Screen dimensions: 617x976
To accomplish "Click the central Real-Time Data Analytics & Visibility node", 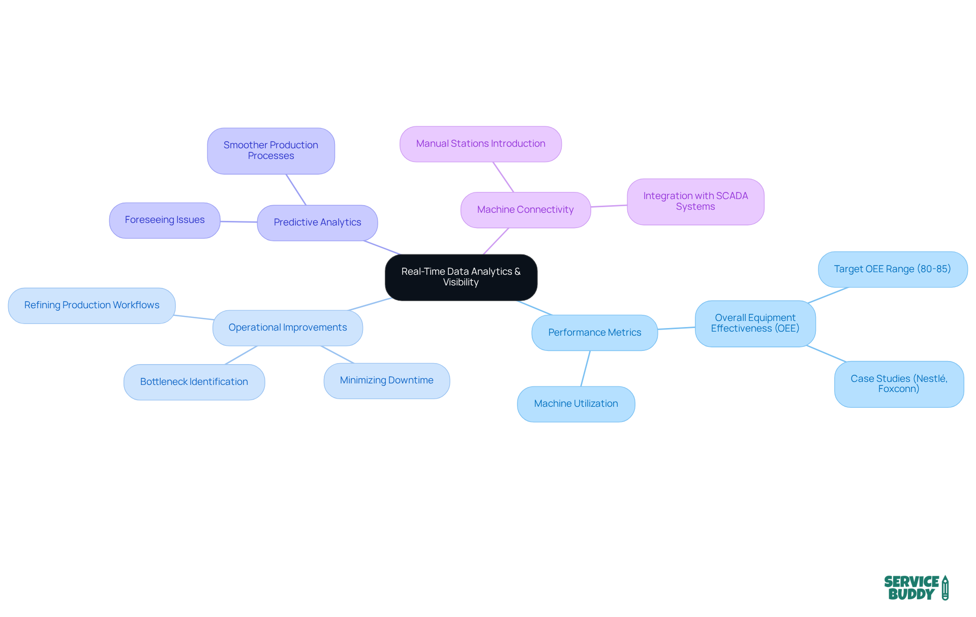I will click(461, 277).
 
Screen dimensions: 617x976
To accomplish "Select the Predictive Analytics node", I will click(317, 222).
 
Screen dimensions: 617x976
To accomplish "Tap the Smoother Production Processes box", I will click(270, 151).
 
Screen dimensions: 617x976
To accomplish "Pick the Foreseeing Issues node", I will click(164, 220).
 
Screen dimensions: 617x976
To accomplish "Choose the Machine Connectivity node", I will click(525, 210).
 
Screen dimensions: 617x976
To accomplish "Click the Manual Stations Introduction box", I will click(480, 144).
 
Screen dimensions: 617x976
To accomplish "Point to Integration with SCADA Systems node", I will click(695, 201).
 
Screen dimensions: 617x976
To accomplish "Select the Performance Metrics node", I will click(594, 333).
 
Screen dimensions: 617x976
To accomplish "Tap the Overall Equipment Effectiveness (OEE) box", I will click(755, 323).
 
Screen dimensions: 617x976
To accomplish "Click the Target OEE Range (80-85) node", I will click(892, 269).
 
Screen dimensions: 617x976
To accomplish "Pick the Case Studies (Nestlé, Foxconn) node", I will click(898, 384).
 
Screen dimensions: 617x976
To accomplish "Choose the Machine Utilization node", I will click(575, 404).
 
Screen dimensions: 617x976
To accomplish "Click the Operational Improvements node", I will click(287, 328).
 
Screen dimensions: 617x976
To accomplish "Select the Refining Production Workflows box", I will click(91, 305).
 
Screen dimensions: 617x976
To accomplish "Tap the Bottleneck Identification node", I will click(194, 382).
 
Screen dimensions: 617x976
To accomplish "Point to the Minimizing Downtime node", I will click(386, 380).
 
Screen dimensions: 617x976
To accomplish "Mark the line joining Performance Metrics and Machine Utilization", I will click(586, 368).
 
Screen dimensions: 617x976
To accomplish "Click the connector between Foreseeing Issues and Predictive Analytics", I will click(238, 221).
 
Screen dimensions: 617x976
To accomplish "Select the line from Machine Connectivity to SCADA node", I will click(608, 206).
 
